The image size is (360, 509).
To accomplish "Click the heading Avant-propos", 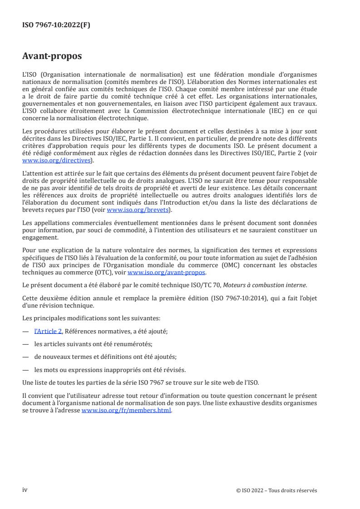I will (x=52, y=57).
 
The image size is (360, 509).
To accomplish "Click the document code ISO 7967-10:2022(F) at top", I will (x=56, y=25).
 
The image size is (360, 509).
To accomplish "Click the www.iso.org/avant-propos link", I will (x=167, y=272).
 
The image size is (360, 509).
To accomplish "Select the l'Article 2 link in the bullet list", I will (x=48, y=332).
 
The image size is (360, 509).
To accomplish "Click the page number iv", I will (x=25, y=490).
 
